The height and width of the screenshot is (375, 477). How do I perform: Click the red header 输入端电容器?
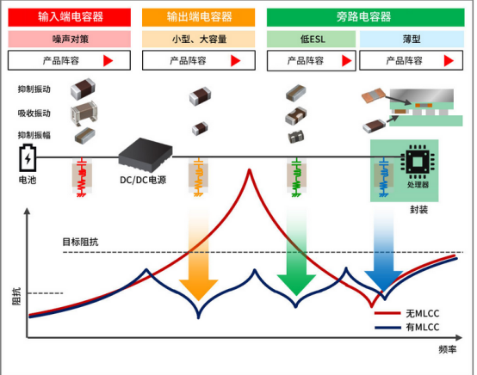(70, 17)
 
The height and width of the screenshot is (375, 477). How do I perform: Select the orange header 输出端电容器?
(198, 17)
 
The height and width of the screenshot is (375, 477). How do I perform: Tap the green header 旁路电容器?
(365, 17)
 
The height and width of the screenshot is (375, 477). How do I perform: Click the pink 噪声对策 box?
(70, 39)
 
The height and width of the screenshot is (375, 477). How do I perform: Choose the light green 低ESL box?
(311, 39)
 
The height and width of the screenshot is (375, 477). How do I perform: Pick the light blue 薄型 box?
(412, 39)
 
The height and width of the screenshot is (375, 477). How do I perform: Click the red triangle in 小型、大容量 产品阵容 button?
(235, 61)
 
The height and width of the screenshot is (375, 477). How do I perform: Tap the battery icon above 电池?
(28, 158)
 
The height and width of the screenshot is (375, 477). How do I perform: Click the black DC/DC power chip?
(146, 155)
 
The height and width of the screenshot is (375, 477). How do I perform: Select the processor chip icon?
(418, 162)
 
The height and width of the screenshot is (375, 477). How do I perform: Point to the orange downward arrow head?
(199, 290)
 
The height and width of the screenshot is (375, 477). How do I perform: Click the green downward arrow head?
(296, 285)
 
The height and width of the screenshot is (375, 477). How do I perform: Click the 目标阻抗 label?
(80, 242)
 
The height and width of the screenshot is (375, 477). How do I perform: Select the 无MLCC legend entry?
(407, 313)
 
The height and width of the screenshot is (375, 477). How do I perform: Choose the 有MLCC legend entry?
(407, 328)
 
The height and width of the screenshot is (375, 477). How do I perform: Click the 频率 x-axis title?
(448, 349)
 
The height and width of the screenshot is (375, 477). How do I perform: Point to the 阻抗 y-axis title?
(16, 296)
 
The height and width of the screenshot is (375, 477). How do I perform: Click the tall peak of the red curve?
(250, 170)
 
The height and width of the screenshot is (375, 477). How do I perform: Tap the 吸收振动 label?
(34, 114)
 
